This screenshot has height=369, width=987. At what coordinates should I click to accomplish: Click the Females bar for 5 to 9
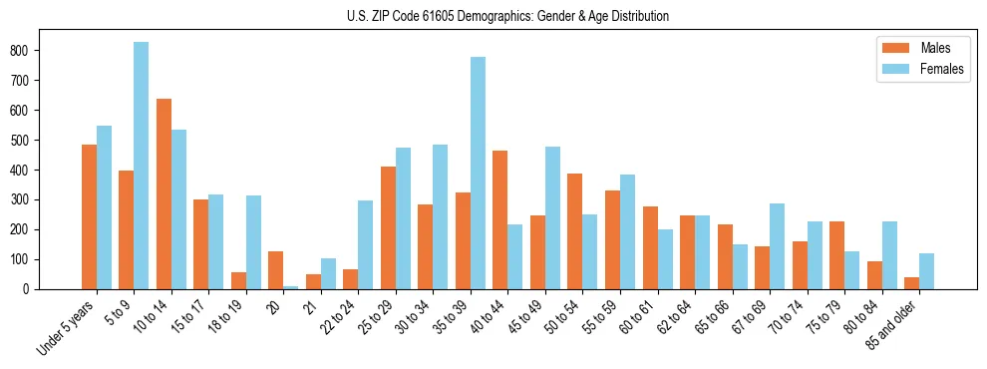pos(142,166)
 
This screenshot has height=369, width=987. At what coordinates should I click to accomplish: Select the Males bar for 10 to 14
pos(164,194)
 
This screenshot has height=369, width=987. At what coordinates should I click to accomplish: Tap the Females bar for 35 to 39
pos(478,174)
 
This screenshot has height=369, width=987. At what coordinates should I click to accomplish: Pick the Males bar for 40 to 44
pos(500,220)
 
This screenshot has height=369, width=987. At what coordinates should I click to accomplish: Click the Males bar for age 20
pos(276,270)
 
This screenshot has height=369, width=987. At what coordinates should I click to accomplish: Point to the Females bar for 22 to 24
pos(366,245)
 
